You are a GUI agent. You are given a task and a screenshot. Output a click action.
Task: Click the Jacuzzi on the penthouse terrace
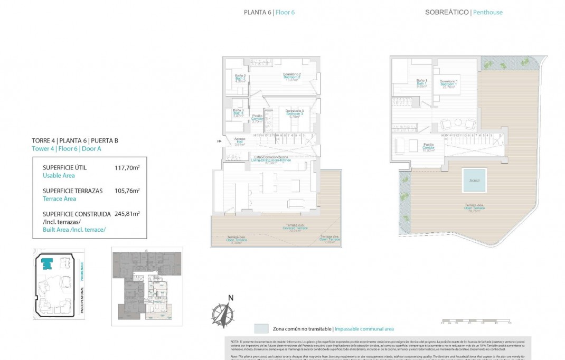point(474,181)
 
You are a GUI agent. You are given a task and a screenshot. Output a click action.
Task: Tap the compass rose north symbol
point(223,312)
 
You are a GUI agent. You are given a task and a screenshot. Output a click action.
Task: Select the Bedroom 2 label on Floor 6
point(291,77)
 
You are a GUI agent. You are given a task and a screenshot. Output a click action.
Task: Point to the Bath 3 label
point(239,113)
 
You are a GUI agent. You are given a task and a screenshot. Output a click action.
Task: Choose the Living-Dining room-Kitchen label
point(271,160)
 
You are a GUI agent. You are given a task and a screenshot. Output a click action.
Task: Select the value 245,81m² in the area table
point(127,214)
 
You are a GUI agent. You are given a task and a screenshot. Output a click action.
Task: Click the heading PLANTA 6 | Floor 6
point(269,12)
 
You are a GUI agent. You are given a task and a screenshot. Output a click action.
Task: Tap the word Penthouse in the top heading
point(487,12)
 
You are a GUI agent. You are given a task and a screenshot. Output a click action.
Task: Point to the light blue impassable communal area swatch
point(261,328)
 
